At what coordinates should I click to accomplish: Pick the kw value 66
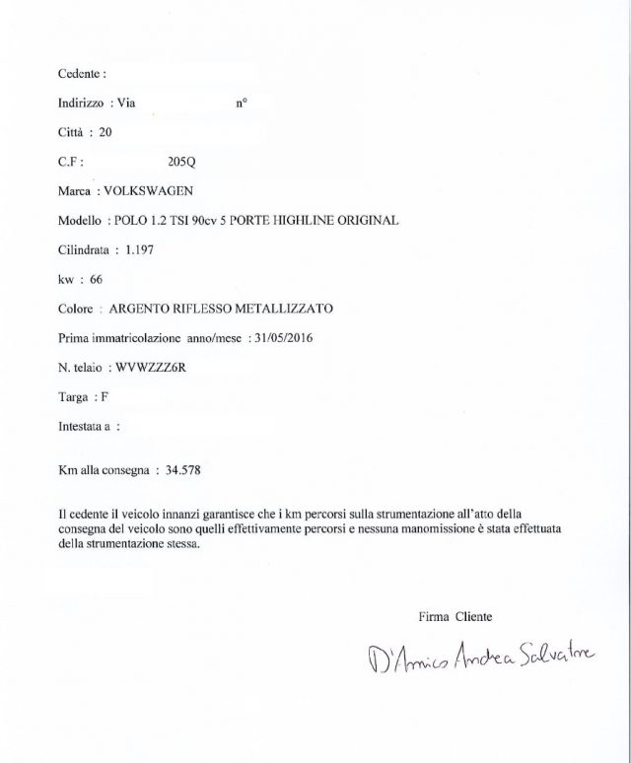96,279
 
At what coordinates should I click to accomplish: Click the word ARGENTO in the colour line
142,308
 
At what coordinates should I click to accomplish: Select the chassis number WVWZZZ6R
162,367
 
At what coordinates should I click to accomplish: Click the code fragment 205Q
184,161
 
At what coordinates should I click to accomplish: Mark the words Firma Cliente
455,616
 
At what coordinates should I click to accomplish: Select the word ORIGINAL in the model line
362,220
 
